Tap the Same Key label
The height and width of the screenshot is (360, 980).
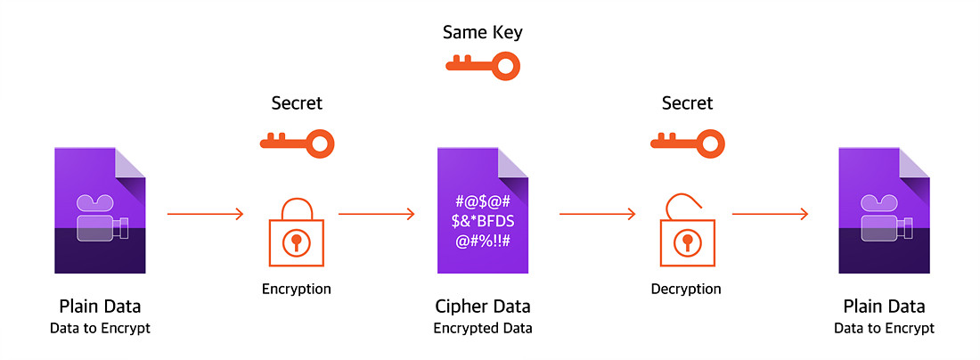tap(482, 33)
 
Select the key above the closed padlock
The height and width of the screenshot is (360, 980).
tap(297, 141)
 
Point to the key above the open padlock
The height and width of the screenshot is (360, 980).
tap(686, 141)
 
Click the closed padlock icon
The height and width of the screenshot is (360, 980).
tap(297, 233)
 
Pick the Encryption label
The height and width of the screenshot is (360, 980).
tap(297, 289)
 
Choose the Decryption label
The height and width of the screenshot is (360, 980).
tap(686, 289)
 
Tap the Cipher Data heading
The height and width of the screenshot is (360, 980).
tap(483, 307)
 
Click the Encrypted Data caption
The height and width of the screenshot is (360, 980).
tap(483, 328)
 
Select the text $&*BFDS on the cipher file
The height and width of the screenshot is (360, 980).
tap(483, 221)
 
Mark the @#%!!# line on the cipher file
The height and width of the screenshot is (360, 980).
tap(483, 241)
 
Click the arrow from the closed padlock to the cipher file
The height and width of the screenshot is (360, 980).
tap(377, 214)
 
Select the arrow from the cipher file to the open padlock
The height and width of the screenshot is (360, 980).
tap(597, 214)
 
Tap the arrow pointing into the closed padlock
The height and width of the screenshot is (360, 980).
tap(206, 214)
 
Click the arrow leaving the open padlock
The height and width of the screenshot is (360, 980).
tap(770, 214)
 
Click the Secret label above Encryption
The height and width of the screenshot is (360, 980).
tap(297, 103)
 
